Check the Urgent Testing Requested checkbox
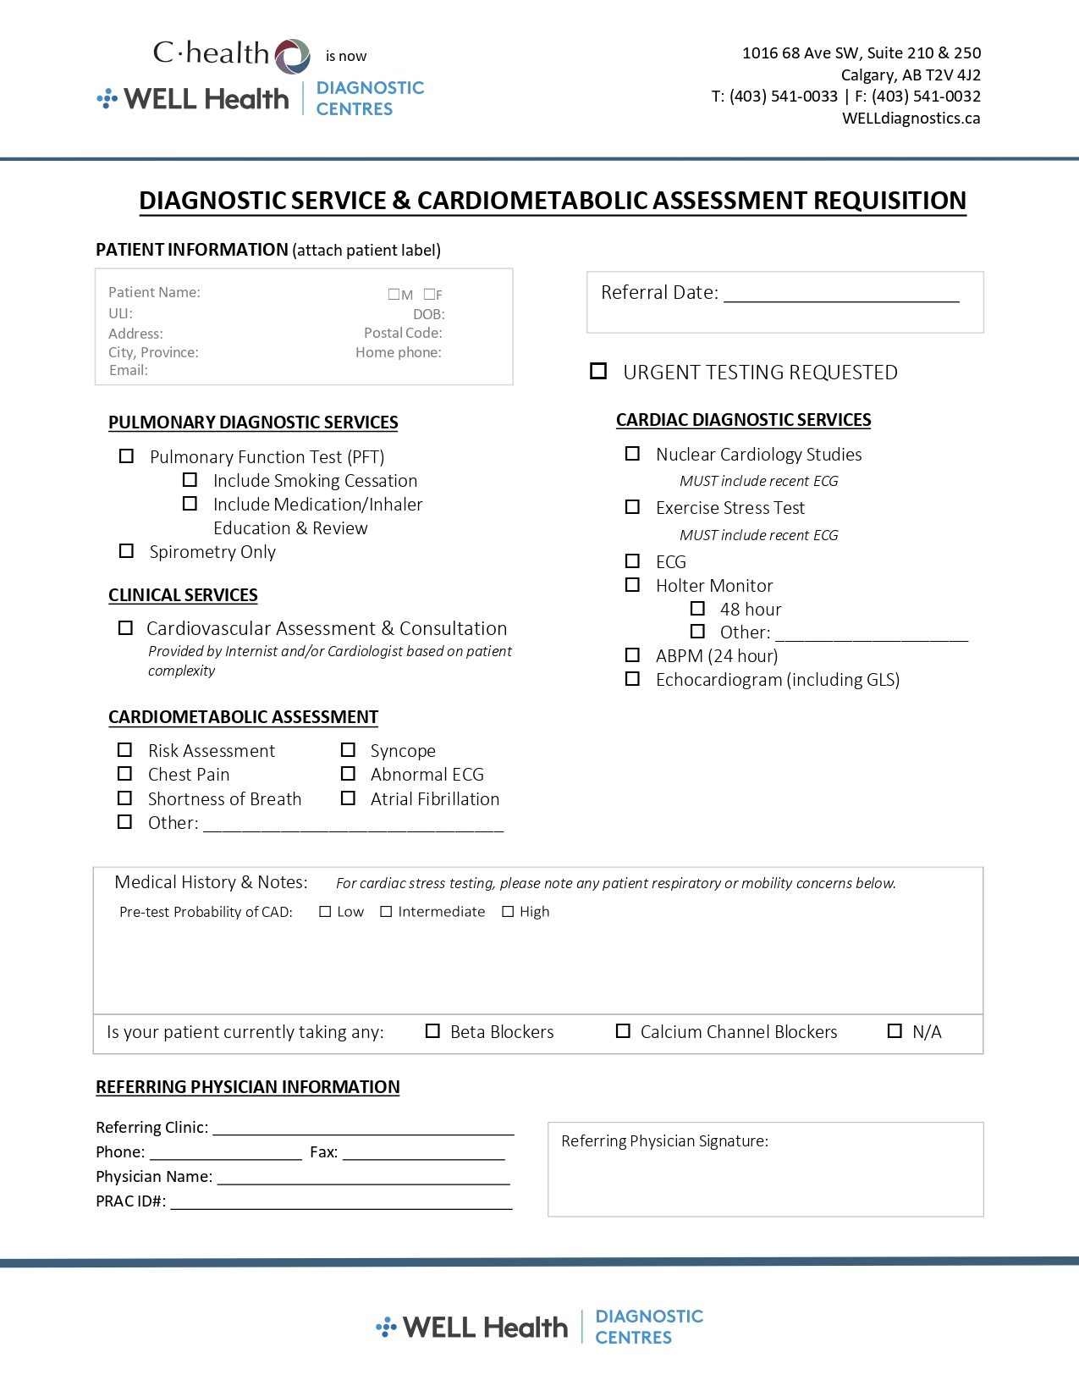pyautogui.click(x=598, y=371)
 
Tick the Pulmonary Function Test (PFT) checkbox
pyautogui.click(x=126, y=456)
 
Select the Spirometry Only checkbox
pyautogui.click(x=126, y=551)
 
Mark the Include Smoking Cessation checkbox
pyautogui.click(x=190, y=480)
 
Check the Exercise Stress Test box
pyautogui.click(x=632, y=507)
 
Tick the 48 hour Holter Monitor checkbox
pyautogui.click(x=697, y=609)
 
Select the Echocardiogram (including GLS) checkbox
pyautogui.click(x=632, y=679)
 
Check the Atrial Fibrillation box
pyautogui.click(x=348, y=798)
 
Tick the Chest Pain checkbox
pyautogui.click(x=124, y=774)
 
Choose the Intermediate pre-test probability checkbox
pyautogui.click(x=386, y=912)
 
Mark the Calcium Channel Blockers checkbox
pyautogui.click(x=623, y=1031)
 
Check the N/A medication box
pyautogui.click(x=895, y=1031)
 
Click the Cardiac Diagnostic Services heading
pyautogui.click(x=743, y=420)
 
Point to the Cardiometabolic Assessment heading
pyautogui.click(x=243, y=717)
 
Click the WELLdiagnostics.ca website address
pyautogui.click(x=911, y=119)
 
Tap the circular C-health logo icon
pyautogui.click(x=293, y=56)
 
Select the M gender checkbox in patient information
pyautogui.click(x=394, y=295)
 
